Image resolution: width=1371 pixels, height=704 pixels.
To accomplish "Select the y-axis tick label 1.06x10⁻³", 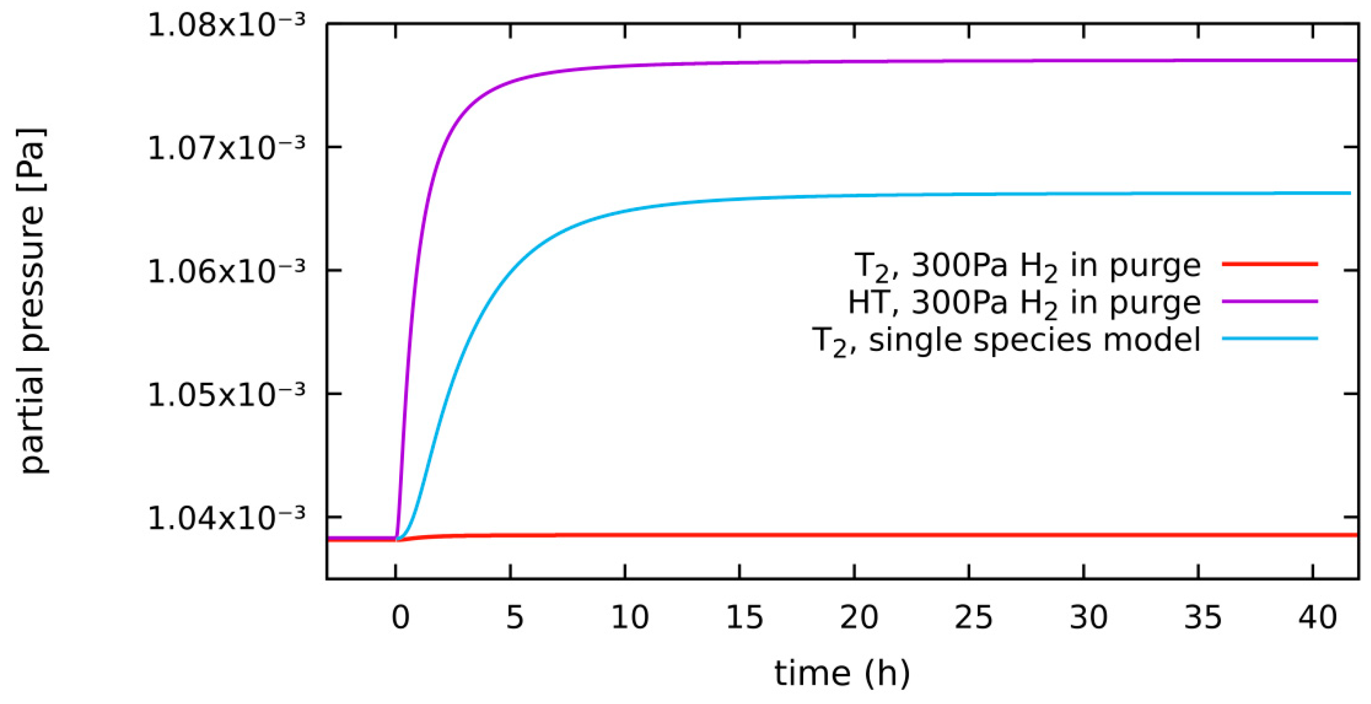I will point(227,272).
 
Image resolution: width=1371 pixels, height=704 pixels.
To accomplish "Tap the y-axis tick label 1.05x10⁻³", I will point(227,395).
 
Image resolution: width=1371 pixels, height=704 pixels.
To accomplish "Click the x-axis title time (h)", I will point(842,674).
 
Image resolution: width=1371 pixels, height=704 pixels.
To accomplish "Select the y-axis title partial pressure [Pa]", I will point(33,300).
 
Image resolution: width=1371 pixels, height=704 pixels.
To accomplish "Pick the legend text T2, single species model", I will point(1006,341).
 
